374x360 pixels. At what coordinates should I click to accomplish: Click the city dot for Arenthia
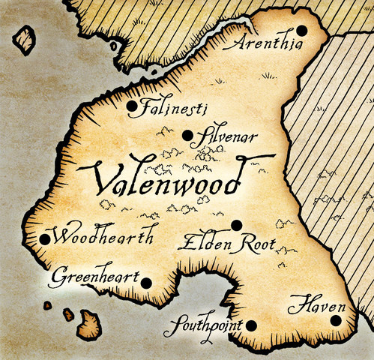coord(301,30)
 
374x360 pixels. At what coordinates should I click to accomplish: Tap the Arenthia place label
coord(266,45)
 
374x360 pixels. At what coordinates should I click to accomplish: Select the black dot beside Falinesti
coord(132,106)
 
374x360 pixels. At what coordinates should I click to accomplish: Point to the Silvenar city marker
coord(187,135)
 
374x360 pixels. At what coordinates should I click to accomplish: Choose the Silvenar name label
coord(226,137)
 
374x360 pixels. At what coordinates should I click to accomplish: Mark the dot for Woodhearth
coord(44,239)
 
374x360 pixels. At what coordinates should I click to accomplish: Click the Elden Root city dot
coord(236,224)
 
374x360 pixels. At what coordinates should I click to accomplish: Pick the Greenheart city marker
coord(145,283)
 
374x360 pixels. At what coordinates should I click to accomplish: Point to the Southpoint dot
coord(251,325)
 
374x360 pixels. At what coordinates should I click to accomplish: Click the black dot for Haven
coord(335,320)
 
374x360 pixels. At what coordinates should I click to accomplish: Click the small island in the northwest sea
coord(25,39)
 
